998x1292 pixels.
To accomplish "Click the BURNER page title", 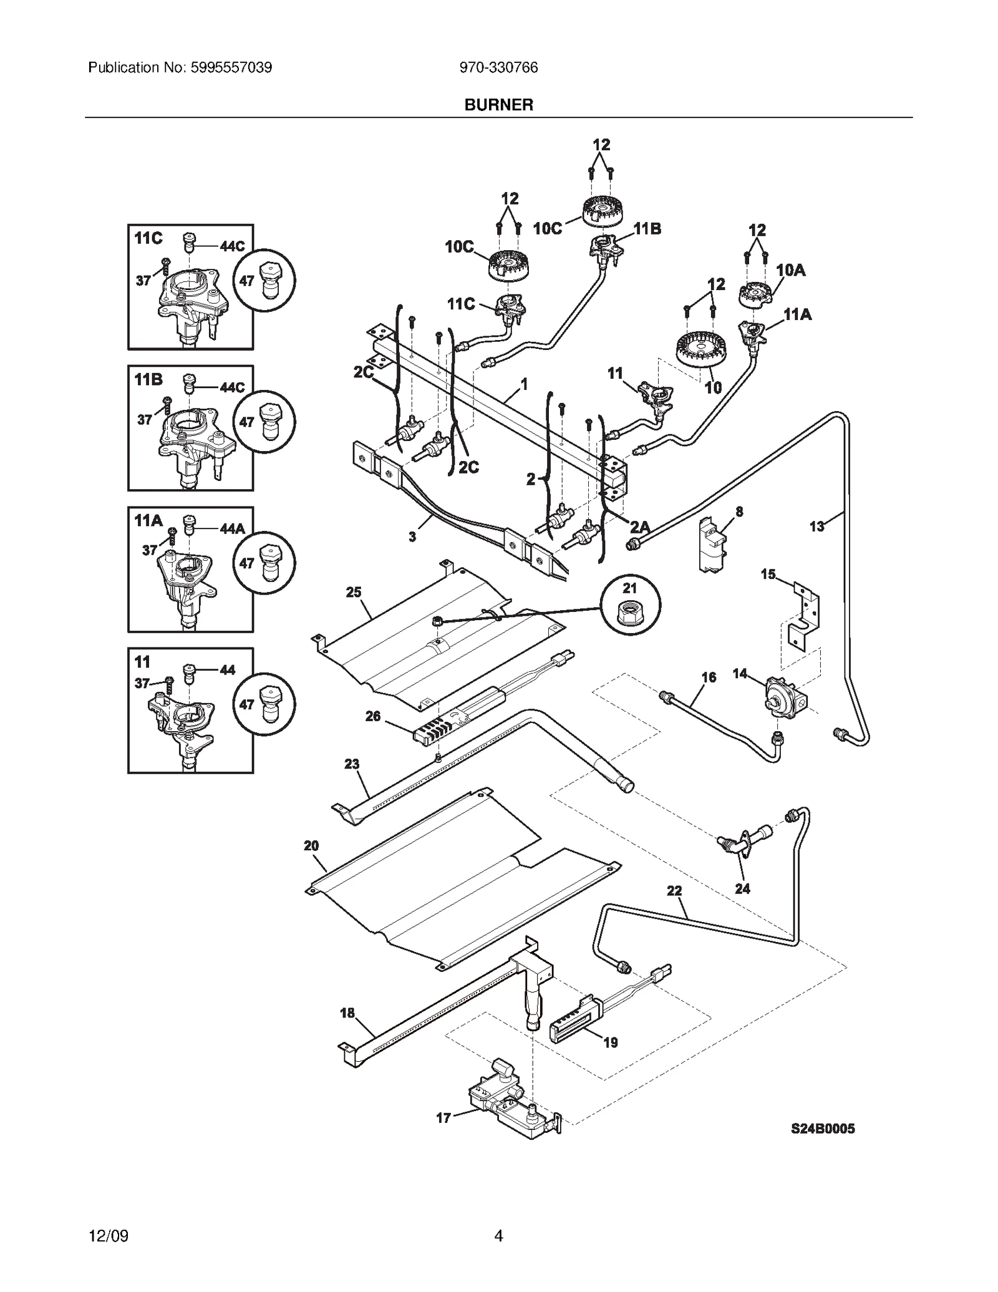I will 498,105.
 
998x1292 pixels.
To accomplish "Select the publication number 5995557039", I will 180,67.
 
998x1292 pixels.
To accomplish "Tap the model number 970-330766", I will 498,67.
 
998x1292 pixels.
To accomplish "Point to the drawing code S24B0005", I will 823,1146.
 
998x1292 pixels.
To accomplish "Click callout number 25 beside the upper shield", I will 354,592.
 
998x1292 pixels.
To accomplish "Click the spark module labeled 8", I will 712,544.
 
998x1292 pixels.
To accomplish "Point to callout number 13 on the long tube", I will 816,527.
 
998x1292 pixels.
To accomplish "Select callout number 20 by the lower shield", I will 311,846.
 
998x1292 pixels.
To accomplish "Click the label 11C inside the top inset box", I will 148,238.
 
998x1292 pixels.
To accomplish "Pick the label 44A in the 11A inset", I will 232,529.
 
